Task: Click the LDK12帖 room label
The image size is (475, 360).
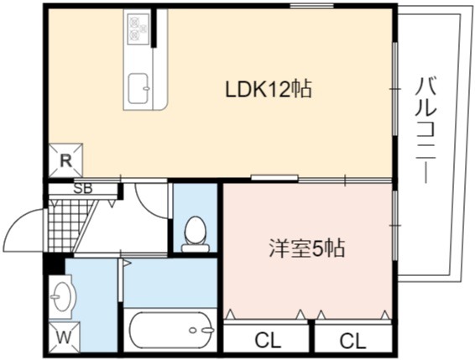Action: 269,89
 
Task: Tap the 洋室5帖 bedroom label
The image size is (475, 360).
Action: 307,248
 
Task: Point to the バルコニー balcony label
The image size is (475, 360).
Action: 425,130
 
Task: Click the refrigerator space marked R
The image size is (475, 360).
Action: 65,160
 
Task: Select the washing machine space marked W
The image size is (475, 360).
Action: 65,337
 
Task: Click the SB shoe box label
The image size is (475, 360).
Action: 83,189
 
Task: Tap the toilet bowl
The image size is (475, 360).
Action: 196,233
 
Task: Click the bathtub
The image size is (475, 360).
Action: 170,331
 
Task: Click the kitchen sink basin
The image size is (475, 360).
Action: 139,89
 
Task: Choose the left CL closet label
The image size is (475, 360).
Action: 268,341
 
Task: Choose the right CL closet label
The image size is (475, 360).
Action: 352,341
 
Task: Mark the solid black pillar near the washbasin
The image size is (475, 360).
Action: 54,264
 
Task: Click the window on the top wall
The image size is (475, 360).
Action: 311,5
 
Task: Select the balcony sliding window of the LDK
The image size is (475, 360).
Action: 394,88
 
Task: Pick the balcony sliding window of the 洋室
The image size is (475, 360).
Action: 394,225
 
